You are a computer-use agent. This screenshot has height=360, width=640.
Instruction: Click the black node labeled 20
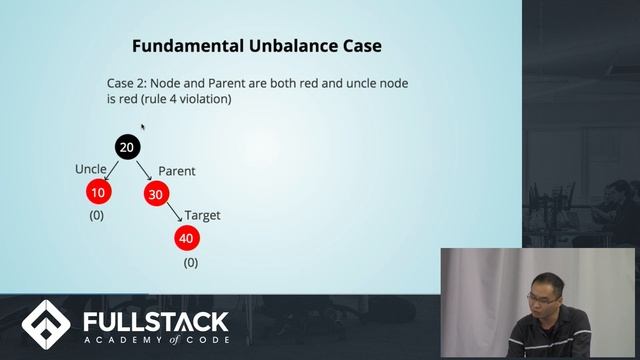127,147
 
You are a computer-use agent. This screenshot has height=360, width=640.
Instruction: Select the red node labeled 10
97,192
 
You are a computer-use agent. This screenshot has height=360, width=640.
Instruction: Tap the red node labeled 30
157,194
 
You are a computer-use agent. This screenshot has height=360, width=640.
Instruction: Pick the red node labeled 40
187,238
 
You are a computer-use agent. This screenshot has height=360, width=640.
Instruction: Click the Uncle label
91,169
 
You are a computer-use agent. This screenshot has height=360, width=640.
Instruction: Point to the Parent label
177,171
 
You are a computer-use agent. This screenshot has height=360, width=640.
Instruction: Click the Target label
202,215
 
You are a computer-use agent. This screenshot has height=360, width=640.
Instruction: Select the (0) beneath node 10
97,215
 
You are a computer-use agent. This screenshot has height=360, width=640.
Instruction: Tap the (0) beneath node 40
191,262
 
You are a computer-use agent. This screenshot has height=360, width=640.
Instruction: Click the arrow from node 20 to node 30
144,172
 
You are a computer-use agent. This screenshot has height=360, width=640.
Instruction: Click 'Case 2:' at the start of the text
127,84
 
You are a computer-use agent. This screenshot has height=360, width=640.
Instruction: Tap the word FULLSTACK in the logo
156,322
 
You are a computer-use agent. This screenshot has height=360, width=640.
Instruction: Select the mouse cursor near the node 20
143,127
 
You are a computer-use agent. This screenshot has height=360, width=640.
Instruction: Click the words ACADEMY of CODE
156,341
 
